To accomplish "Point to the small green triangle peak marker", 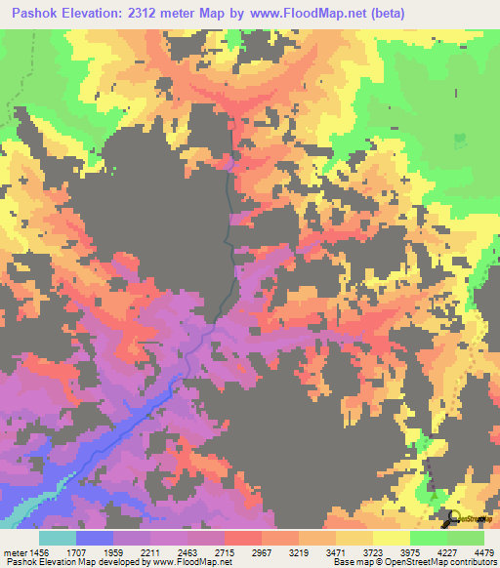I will click(432, 498).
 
